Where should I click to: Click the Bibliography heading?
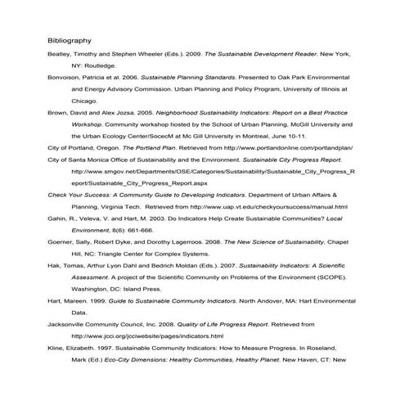[70, 39]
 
